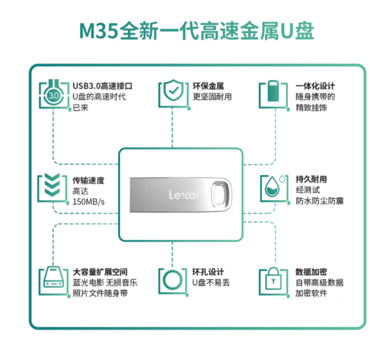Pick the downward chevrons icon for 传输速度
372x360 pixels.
(52, 187)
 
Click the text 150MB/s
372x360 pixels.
(89, 202)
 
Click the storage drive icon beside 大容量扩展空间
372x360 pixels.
(53, 281)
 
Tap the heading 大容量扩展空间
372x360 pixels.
(100, 272)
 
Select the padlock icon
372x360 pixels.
(272, 281)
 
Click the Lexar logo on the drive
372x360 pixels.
(183, 194)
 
